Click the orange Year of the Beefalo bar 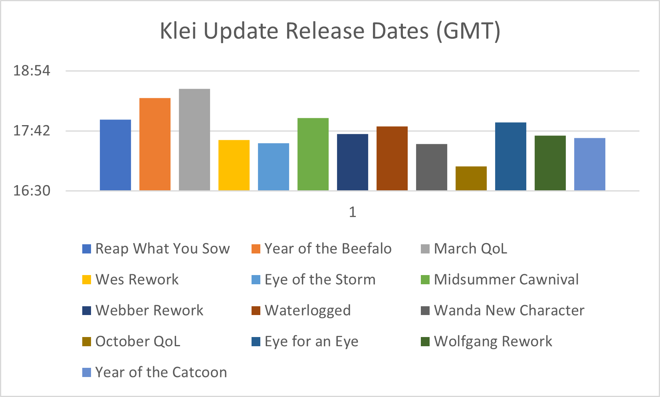(x=155, y=144)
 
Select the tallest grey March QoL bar (x=194, y=140)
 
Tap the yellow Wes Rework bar (x=234, y=165)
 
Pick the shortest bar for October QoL (x=471, y=178)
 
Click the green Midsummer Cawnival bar (x=313, y=154)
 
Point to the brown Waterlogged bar (x=392, y=158)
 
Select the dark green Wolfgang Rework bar (x=550, y=163)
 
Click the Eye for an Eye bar (x=511, y=156)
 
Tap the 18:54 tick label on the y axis (x=32, y=71)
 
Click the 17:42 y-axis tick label (x=32, y=131)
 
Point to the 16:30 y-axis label (x=32, y=191)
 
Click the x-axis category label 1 (x=353, y=212)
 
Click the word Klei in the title (x=178, y=31)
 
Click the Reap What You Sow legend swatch (x=87, y=249)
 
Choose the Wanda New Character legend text (x=509, y=310)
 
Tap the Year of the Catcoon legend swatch (x=87, y=372)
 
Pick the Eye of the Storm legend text (x=320, y=279)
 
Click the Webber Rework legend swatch (x=87, y=311)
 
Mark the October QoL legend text (x=138, y=341)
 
